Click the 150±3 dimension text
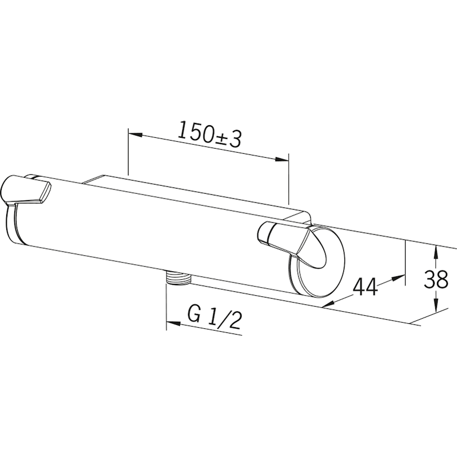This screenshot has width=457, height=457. click(209, 134)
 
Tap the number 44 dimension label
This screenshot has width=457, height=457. click(365, 287)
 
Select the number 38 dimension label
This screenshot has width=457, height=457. click(436, 279)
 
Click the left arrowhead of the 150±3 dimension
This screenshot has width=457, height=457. click(135, 134)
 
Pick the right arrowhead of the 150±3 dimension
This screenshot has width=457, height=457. click(281, 159)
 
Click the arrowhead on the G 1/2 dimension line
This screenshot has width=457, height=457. click(173, 324)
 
